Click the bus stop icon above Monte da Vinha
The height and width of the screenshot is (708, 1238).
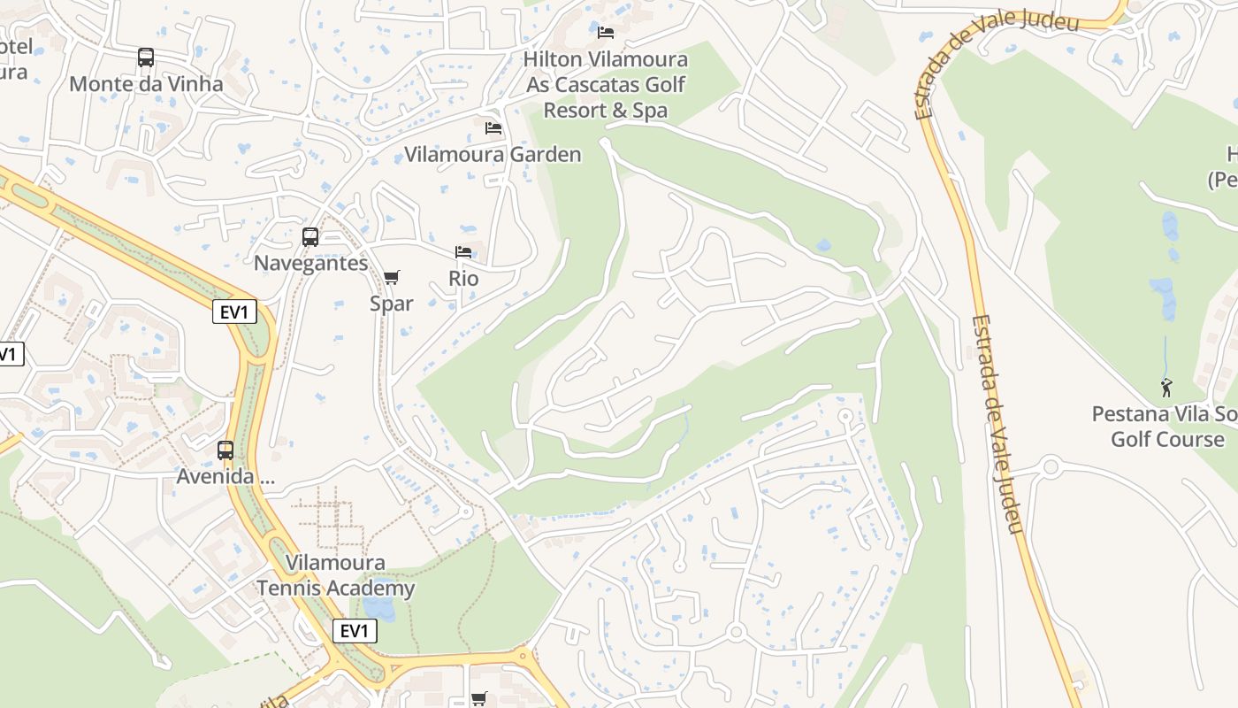point(146,58)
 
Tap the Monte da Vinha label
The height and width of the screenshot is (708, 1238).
point(146,84)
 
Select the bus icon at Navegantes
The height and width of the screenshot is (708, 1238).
point(310,237)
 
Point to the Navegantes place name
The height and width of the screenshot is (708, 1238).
point(310,263)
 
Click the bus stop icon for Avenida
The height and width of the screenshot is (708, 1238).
point(225,450)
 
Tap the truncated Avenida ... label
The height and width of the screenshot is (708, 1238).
point(226,476)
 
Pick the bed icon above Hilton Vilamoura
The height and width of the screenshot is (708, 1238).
point(606,33)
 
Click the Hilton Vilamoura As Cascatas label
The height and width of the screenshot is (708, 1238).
point(606,85)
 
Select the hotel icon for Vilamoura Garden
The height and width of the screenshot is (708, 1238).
point(493,128)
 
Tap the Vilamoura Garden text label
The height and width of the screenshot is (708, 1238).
point(493,154)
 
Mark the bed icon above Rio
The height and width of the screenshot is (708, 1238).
point(463,252)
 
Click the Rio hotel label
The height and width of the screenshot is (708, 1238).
point(463,278)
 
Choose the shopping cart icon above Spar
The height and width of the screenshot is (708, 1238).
point(392,277)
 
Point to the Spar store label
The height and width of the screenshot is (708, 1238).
point(392,303)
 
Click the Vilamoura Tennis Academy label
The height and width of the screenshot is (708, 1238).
point(335,575)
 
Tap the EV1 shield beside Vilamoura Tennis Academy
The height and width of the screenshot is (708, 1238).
point(355,631)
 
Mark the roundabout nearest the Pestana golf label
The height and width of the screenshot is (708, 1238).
point(1051,466)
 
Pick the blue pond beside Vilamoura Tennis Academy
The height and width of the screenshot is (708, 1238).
point(379,608)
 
